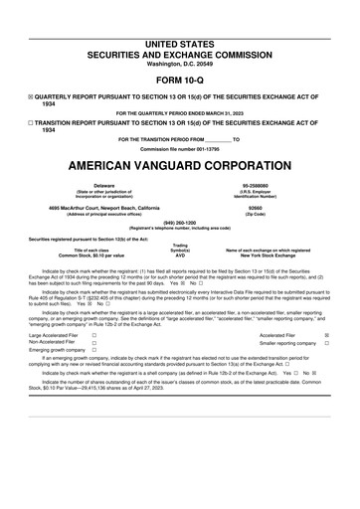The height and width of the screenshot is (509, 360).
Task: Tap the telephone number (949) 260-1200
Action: click(x=179, y=222)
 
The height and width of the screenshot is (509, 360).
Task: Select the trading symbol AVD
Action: click(x=180, y=255)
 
